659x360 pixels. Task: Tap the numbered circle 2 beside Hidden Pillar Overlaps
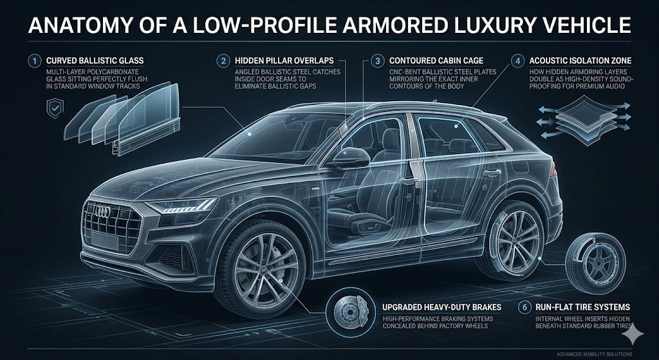click(223, 61)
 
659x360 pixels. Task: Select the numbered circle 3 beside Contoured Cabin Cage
click(377, 61)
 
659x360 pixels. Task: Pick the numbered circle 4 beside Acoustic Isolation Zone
click(517, 61)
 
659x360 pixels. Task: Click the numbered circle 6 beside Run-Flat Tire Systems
click(524, 307)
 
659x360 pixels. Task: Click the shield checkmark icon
click(55, 108)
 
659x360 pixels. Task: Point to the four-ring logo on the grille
click(102, 211)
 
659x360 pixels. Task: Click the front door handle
click(409, 181)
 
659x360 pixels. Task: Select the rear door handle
click(492, 173)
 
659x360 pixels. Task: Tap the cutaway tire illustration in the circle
click(595, 258)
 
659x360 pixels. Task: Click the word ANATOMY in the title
click(80, 26)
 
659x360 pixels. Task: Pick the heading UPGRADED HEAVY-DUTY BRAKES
click(441, 307)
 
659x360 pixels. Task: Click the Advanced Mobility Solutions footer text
click(593, 354)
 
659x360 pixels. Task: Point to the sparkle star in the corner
click(633, 334)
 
